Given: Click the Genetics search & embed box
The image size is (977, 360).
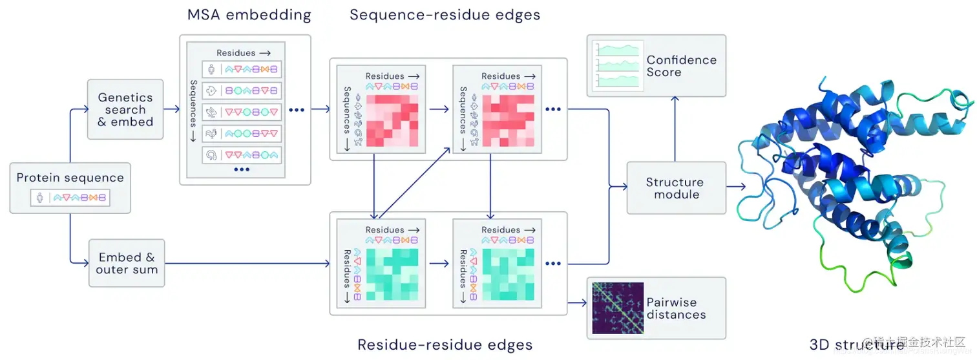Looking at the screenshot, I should pyautogui.click(x=125, y=110).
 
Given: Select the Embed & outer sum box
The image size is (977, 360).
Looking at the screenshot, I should pyautogui.click(x=127, y=263).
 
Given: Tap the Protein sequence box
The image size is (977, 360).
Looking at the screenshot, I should pyautogui.click(x=70, y=188).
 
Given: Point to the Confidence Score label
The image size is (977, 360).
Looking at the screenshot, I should pyautogui.click(x=682, y=66).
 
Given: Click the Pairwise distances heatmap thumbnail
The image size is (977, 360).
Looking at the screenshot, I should pyautogui.click(x=618, y=308).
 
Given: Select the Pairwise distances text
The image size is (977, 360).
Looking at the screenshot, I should pyautogui.click(x=676, y=308).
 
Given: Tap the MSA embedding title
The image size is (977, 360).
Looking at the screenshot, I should pyautogui.click(x=249, y=14).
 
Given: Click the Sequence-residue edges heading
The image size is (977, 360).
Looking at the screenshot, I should pyautogui.click(x=445, y=14).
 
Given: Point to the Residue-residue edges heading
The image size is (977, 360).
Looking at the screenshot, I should pyautogui.click(x=445, y=344).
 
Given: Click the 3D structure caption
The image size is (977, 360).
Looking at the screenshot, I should pyautogui.click(x=856, y=344).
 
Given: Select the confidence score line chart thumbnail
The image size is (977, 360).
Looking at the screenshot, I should pyautogui.click(x=618, y=65).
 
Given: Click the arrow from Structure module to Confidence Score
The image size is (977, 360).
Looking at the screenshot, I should pyautogui.click(x=675, y=129).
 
